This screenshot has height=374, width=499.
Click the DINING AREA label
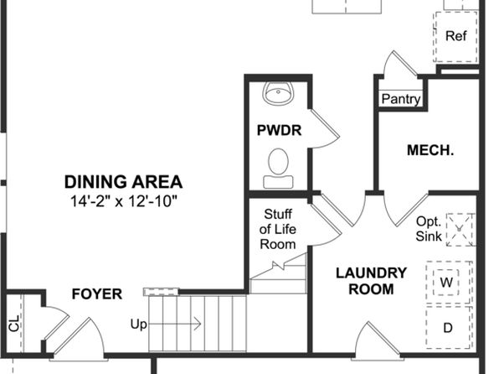(x=123, y=182)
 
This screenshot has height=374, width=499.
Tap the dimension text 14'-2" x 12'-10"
(x=123, y=201)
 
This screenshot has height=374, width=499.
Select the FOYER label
(x=97, y=294)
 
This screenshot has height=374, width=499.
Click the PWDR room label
(x=279, y=131)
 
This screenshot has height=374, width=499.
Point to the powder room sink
(x=278, y=93)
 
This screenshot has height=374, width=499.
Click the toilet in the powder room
(x=279, y=168)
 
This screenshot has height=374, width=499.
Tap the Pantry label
(x=401, y=99)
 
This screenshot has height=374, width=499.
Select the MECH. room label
(x=430, y=150)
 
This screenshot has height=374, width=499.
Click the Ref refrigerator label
(x=456, y=36)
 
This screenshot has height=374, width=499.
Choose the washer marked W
(x=448, y=282)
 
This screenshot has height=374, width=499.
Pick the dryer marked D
(x=448, y=327)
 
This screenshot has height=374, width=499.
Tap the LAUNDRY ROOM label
(x=372, y=281)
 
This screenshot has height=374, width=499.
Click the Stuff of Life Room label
(x=278, y=229)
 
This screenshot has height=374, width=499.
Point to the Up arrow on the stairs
(x=175, y=324)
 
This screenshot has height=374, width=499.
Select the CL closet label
(x=14, y=323)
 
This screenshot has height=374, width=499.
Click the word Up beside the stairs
(x=139, y=325)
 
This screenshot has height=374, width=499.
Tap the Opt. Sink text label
(x=429, y=229)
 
